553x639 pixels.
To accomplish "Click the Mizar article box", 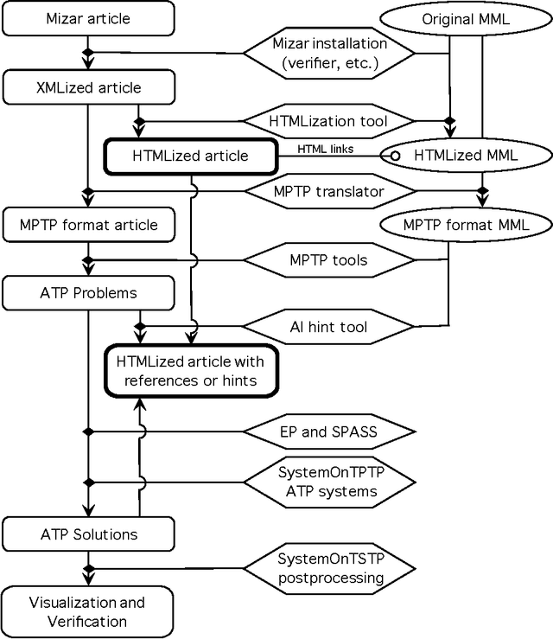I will pos(88,18).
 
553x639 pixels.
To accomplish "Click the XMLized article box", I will pos(88,87).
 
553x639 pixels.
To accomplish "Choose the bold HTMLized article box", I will pos(190,156).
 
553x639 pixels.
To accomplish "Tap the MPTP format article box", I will pos(88,225).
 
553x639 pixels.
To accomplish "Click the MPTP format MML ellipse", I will pos(465,225).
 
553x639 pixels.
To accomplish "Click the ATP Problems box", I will pos(88,293).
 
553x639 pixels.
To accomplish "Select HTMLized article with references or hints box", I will pos(190,370).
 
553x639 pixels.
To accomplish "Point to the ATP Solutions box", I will pos(88,534).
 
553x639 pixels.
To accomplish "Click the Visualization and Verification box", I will pos(88,610).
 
